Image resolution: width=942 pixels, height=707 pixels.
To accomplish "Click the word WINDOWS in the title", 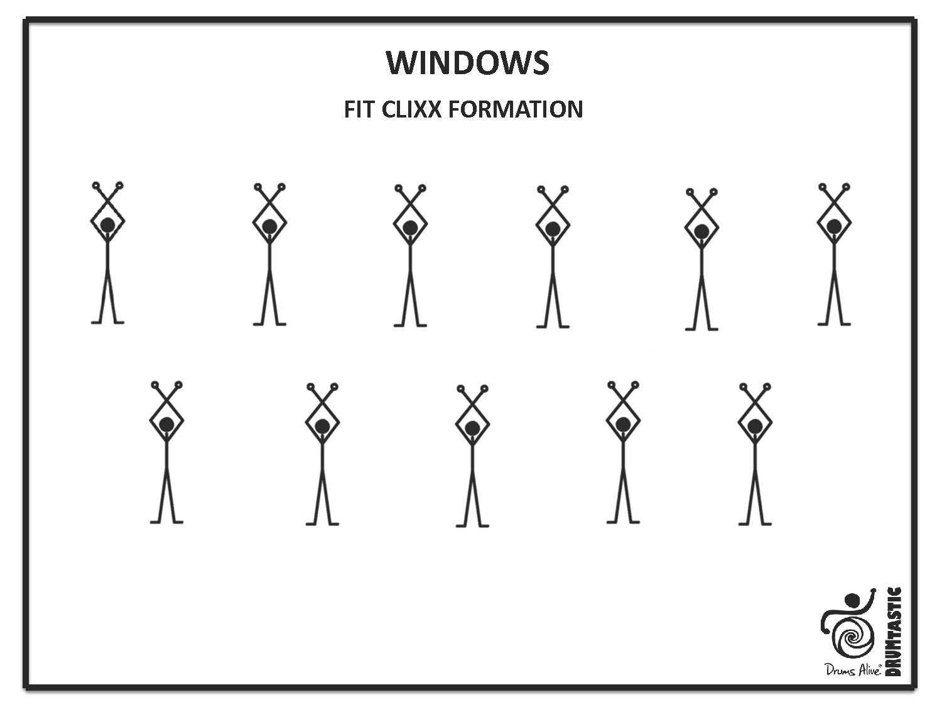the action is (x=468, y=62).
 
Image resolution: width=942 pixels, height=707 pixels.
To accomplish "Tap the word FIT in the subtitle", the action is (x=359, y=109).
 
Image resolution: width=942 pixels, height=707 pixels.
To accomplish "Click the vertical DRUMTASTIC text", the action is (x=894, y=631).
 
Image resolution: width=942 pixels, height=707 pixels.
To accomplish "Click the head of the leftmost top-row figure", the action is (x=107, y=224).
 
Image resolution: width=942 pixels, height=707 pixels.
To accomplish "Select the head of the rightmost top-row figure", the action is (x=834, y=226).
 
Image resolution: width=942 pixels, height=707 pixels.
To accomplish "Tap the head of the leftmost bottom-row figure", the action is (x=166, y=424).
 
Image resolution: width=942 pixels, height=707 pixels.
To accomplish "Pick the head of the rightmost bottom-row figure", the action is (x=755, y=427).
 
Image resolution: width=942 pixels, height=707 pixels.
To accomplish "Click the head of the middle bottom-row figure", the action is (x=472, y=428).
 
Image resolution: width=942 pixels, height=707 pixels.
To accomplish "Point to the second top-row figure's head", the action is (x=269, y=226).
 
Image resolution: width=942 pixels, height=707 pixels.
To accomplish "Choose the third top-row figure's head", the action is (x=410, y=227).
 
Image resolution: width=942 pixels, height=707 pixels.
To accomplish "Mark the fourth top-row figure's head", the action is (x=553, y=229).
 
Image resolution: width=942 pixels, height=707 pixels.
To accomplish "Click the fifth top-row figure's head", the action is (x=701, y=231).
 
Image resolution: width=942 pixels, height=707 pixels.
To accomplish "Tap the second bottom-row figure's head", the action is (x=322, y=426).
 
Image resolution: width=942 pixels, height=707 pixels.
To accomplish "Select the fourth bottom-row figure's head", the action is (x=623, y=424).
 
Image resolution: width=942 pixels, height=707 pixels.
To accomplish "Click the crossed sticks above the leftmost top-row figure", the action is (x=107, y=195).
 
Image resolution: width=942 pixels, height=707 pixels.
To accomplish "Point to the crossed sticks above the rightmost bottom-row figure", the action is (x=755, y=397).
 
